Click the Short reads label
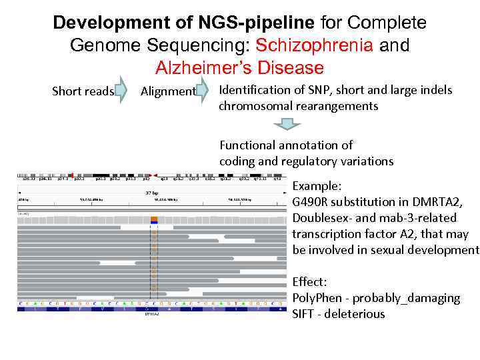click(83, 91)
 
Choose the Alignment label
click(168, 91)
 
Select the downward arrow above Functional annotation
click(287, 124)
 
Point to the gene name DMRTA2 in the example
click(443, 202)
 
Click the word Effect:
click(309, 282)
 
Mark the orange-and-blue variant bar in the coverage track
click(154, 219)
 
